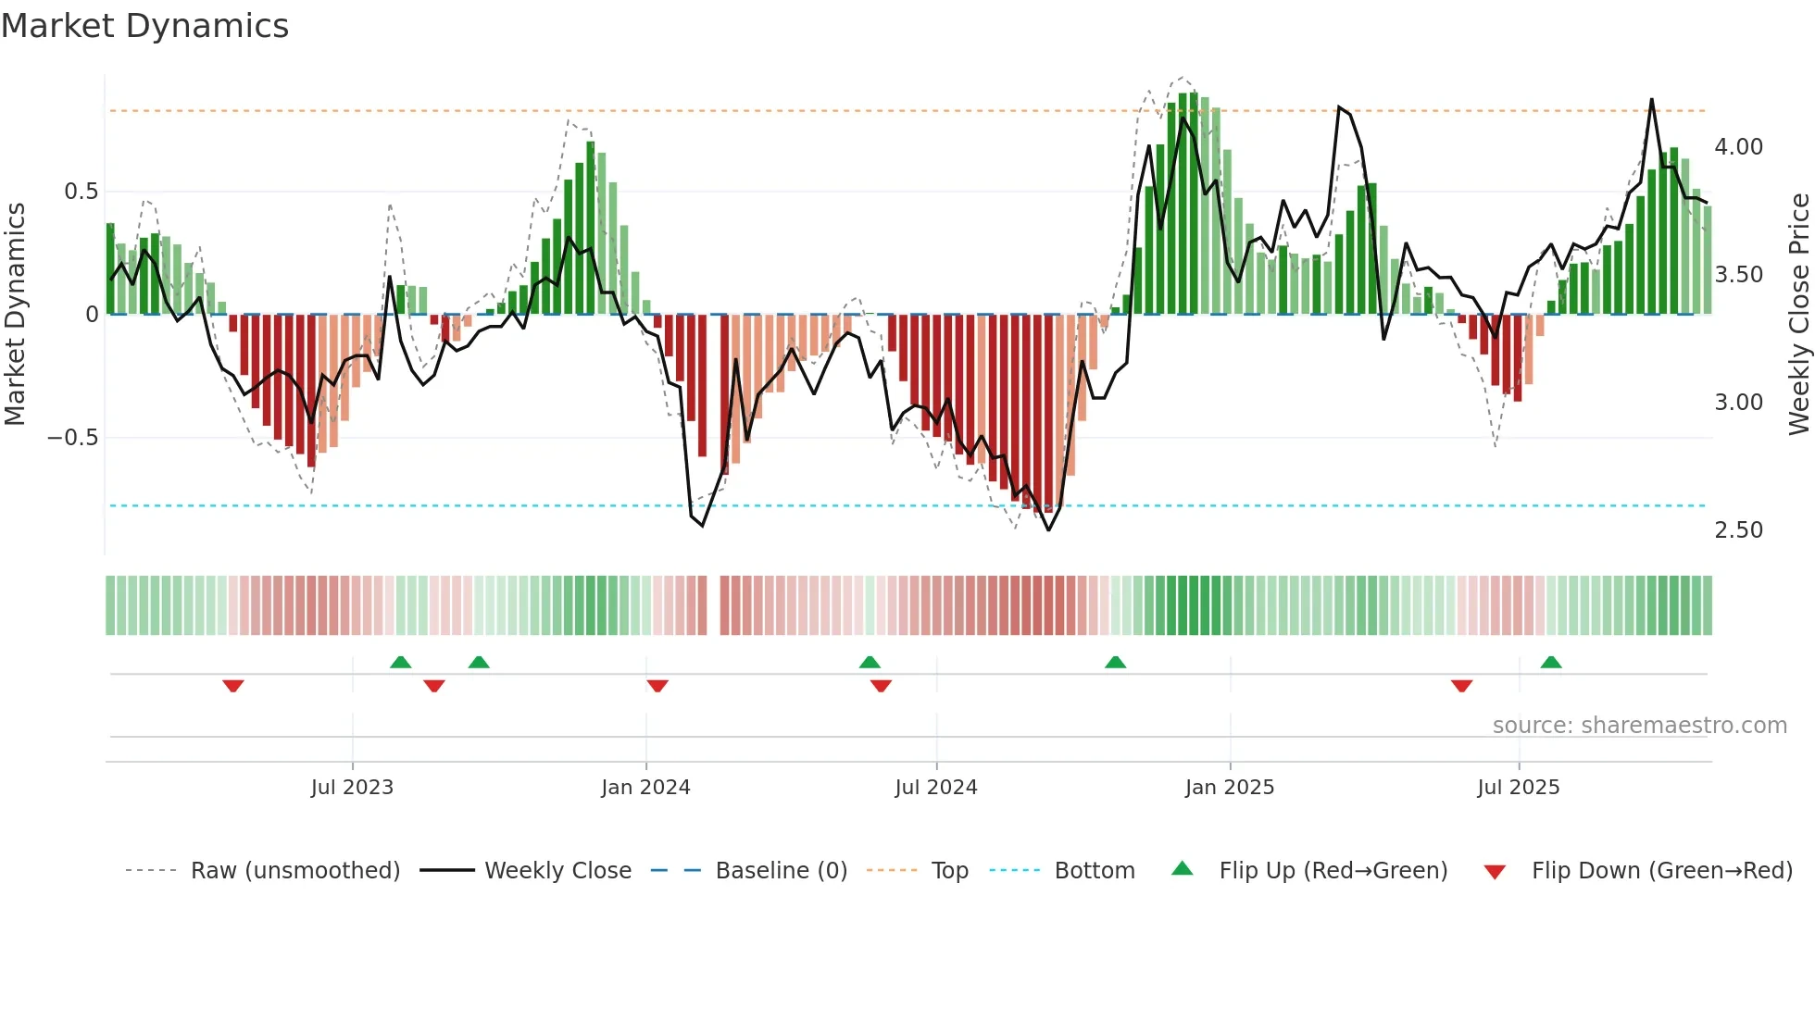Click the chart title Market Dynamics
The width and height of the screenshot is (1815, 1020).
(x=144, y=26)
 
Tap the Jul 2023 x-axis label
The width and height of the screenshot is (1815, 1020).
(x=352, y=787)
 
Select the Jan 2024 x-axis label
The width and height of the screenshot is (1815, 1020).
(x=645, y=787)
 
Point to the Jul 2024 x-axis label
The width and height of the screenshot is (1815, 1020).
(x=935, y=787)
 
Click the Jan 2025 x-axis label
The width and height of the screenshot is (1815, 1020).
(x=1229, y=787)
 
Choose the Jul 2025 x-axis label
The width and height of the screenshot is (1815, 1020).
(x=1518, y=787)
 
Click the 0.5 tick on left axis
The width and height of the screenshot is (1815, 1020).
(x=81, y=192)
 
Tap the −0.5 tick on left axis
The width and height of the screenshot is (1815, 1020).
(x=72, y=437)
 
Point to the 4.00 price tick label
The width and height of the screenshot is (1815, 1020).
(x=1738, y=147)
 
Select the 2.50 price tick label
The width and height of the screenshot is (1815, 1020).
(x=1738, y=530)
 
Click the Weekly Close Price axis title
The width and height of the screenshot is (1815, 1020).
(x=1798, y=314)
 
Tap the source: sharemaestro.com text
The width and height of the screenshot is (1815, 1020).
(x=1639, y=726)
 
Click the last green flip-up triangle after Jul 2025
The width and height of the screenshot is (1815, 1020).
(x=1550, y=663)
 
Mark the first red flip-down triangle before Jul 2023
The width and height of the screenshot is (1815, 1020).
(x=233, y=686)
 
